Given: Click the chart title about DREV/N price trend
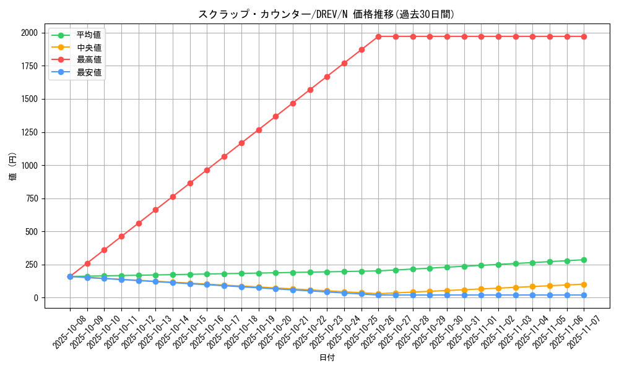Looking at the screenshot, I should (x=326, y=14).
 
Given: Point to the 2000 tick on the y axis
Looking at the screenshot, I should (x=30, y=33).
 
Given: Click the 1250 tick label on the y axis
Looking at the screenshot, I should (x=30, y=132).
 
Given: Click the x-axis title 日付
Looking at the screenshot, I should (x=326, y=358).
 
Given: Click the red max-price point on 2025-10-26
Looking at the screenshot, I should (x=379, y=36).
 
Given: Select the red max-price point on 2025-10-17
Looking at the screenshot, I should (x=224, y=156).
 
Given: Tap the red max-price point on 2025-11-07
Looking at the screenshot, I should (x=584, y=36).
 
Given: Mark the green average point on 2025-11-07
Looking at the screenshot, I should (x=584, y=260).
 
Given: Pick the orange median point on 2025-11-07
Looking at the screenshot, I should (x=584, y=284).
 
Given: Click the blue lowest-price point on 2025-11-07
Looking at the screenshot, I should (x=584, y=295).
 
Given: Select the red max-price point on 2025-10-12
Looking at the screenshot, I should (x=139, y=223).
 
